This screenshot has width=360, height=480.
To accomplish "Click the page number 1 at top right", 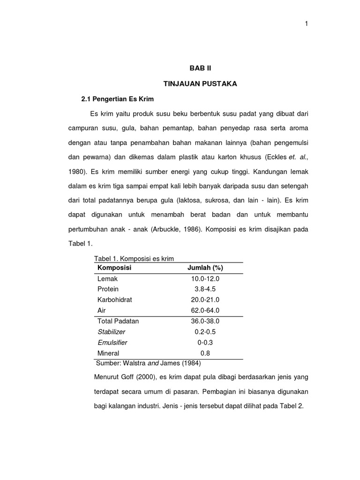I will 306,24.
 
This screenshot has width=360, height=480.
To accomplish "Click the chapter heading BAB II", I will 200,68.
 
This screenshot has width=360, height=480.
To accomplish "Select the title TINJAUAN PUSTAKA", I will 200,84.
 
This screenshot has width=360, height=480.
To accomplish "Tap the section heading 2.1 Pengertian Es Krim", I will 117,100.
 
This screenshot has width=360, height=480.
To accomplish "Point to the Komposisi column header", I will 114,268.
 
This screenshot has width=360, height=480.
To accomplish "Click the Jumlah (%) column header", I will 205,268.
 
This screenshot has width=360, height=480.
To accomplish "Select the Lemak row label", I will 107,278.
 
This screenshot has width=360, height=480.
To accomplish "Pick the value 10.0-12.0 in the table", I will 205,278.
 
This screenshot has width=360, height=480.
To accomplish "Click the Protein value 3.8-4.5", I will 205,289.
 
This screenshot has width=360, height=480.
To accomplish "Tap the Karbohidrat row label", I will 115,300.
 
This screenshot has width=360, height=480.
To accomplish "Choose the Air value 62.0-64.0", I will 205,310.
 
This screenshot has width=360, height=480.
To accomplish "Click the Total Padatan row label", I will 118,321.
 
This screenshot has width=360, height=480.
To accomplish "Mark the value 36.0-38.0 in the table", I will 205,321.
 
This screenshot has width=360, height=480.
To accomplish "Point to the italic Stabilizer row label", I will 111,332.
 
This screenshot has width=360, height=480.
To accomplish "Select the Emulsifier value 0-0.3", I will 205,343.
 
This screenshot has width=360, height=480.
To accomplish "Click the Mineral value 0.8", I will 205,353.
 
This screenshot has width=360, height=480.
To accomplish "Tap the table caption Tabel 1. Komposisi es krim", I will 134,259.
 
